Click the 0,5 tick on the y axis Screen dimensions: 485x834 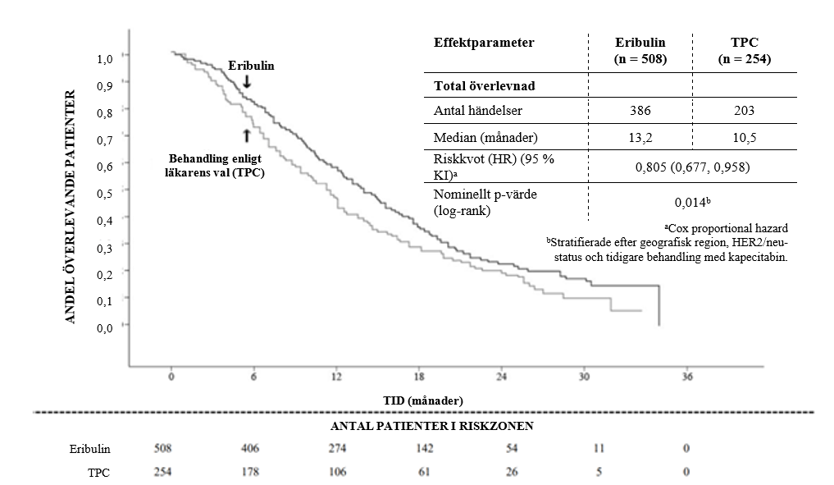(104, 194)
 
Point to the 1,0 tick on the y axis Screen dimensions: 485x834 (104, 59)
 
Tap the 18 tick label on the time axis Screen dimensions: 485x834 (419, 377)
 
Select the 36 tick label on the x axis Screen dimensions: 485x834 (687, 377)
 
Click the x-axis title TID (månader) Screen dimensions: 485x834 (423, 399)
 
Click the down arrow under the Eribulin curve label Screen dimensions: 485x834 (246, 81)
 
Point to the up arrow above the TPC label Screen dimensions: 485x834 (246, 135)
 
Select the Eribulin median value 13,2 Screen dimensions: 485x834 (640, 137)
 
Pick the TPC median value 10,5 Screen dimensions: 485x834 (745, 137)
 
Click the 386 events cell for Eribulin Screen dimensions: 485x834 (640, 111)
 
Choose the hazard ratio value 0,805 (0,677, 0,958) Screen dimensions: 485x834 (691, 168)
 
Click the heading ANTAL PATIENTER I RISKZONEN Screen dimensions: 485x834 (422, 426)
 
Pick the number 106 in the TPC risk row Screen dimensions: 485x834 (336, 472)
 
